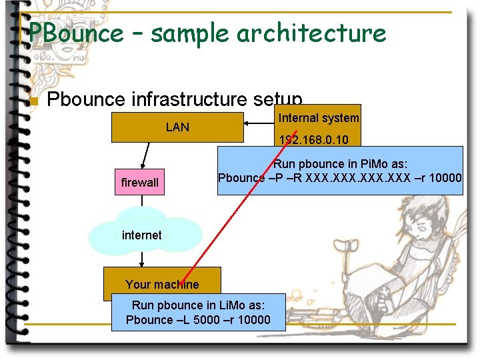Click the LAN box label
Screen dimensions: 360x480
(177, 127)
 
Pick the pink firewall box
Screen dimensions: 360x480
(140, 182)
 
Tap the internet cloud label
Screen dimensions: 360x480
(141, 235)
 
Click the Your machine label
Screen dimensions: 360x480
(162, 284)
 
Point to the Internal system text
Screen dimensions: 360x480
(319, 118)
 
